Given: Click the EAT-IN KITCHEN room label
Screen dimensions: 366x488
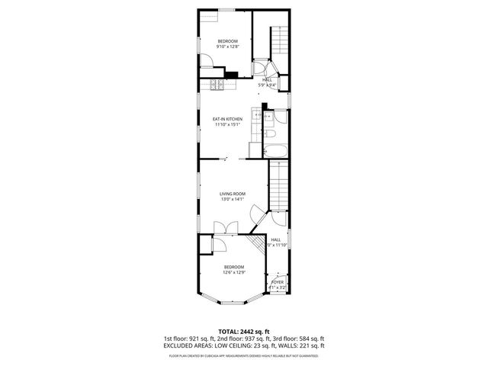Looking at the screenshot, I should (x=227, y=119).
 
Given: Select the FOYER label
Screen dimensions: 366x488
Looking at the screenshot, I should (x=278, y=281).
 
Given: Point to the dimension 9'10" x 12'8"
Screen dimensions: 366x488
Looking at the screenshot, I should (x=227, y=48).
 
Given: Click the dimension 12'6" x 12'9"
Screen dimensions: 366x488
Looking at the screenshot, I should (x=233, y=272).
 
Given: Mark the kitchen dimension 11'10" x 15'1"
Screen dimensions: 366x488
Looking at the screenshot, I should (x=227, y=125).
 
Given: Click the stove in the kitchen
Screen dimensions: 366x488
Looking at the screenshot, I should (x=217, y=85).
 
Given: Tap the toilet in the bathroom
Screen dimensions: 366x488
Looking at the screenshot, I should (x=271, y=134).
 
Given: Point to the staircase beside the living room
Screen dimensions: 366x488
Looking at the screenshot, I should (x=278, y=187).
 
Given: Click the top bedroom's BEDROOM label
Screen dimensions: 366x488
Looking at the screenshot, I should (x=227, y=41).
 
